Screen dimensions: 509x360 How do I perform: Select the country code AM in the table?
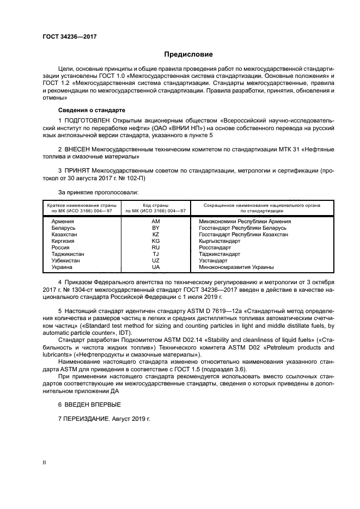pos(156,222)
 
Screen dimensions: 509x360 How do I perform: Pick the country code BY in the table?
pos(156,228)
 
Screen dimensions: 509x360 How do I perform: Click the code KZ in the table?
pos(156,235)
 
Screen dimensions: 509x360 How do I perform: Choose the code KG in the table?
pos(156,241)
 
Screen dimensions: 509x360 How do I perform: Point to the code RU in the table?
pos(156,248)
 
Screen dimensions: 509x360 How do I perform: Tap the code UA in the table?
pos(156,267)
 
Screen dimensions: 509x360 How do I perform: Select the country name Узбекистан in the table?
pos(65,261)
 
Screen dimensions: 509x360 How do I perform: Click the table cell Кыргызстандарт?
pos(220,241)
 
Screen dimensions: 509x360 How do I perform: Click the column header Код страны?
pos(156,205)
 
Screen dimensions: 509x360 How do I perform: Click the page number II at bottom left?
pos(45,462)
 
